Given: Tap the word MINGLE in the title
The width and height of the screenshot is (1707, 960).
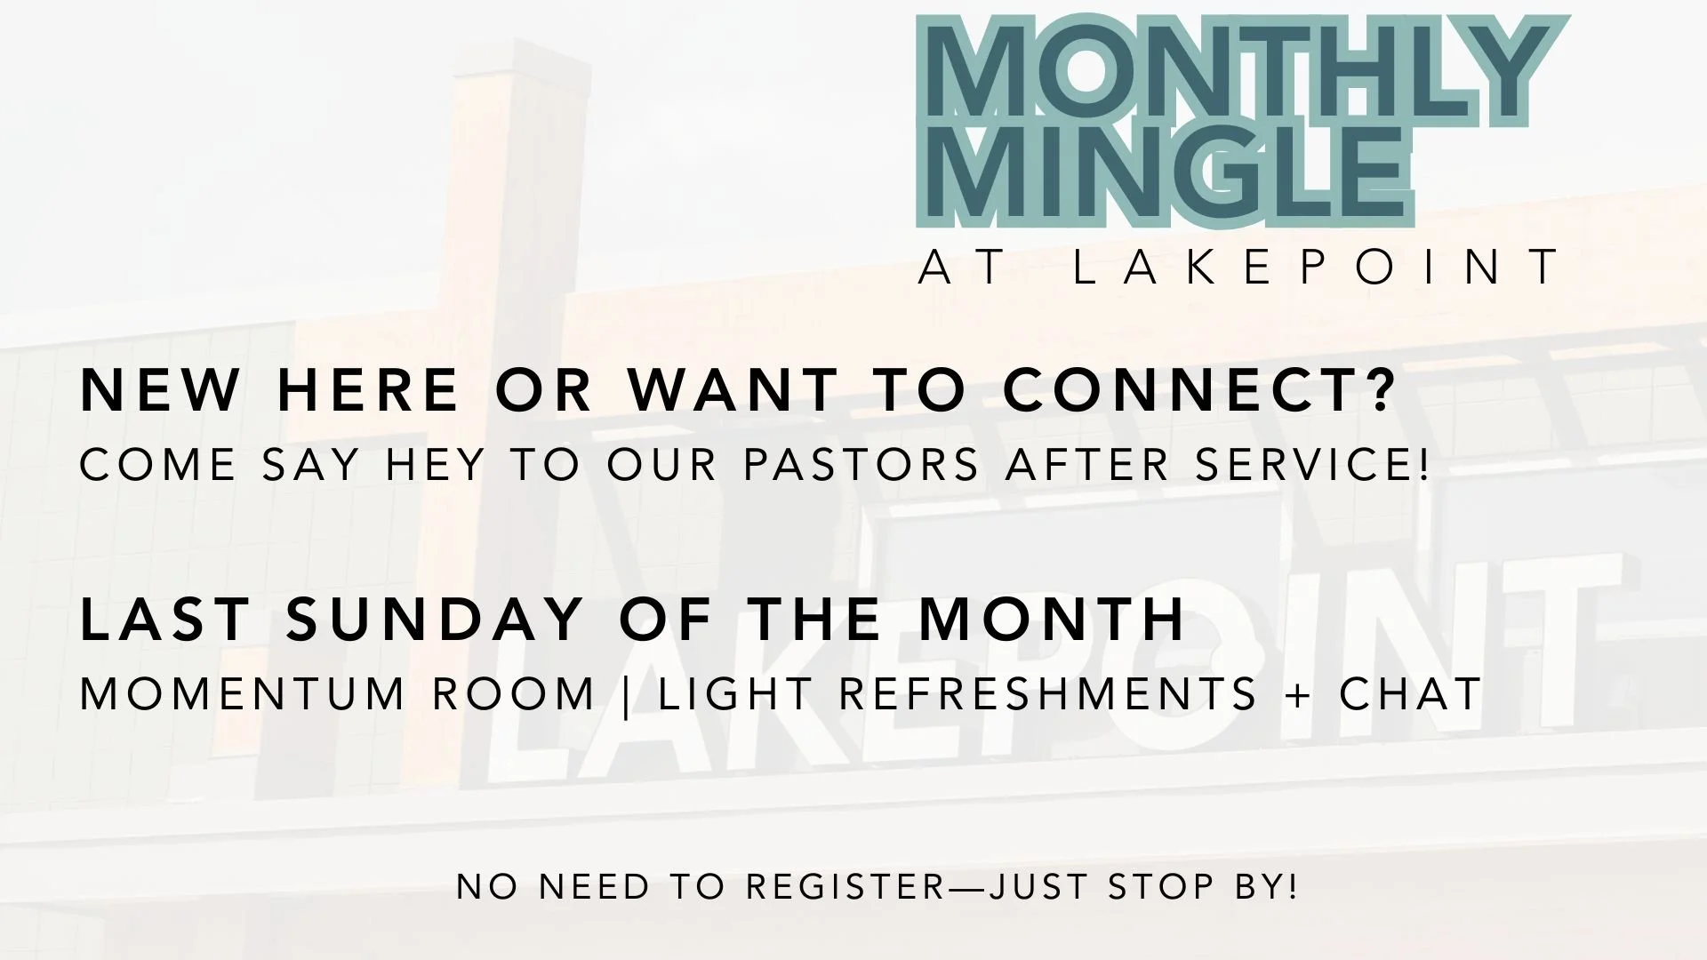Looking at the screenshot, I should [1165, 174].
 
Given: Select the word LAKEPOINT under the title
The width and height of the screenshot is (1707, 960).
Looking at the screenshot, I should [1316, 266].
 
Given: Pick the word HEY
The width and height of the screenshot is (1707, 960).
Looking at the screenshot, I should [435, 465].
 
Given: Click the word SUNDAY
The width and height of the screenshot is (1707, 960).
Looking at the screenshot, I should [435, 619].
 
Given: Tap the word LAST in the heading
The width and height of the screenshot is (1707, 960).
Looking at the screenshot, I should [165, 619].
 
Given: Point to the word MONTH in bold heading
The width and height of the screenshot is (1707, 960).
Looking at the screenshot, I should [1053, 619].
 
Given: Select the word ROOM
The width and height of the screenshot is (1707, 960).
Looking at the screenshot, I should [514, 694].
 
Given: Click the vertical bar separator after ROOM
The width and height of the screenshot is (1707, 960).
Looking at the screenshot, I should [628, 696].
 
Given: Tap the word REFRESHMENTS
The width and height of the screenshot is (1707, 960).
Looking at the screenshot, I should [1048, 694].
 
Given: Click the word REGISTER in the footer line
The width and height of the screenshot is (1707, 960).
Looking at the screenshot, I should [845, 886].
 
